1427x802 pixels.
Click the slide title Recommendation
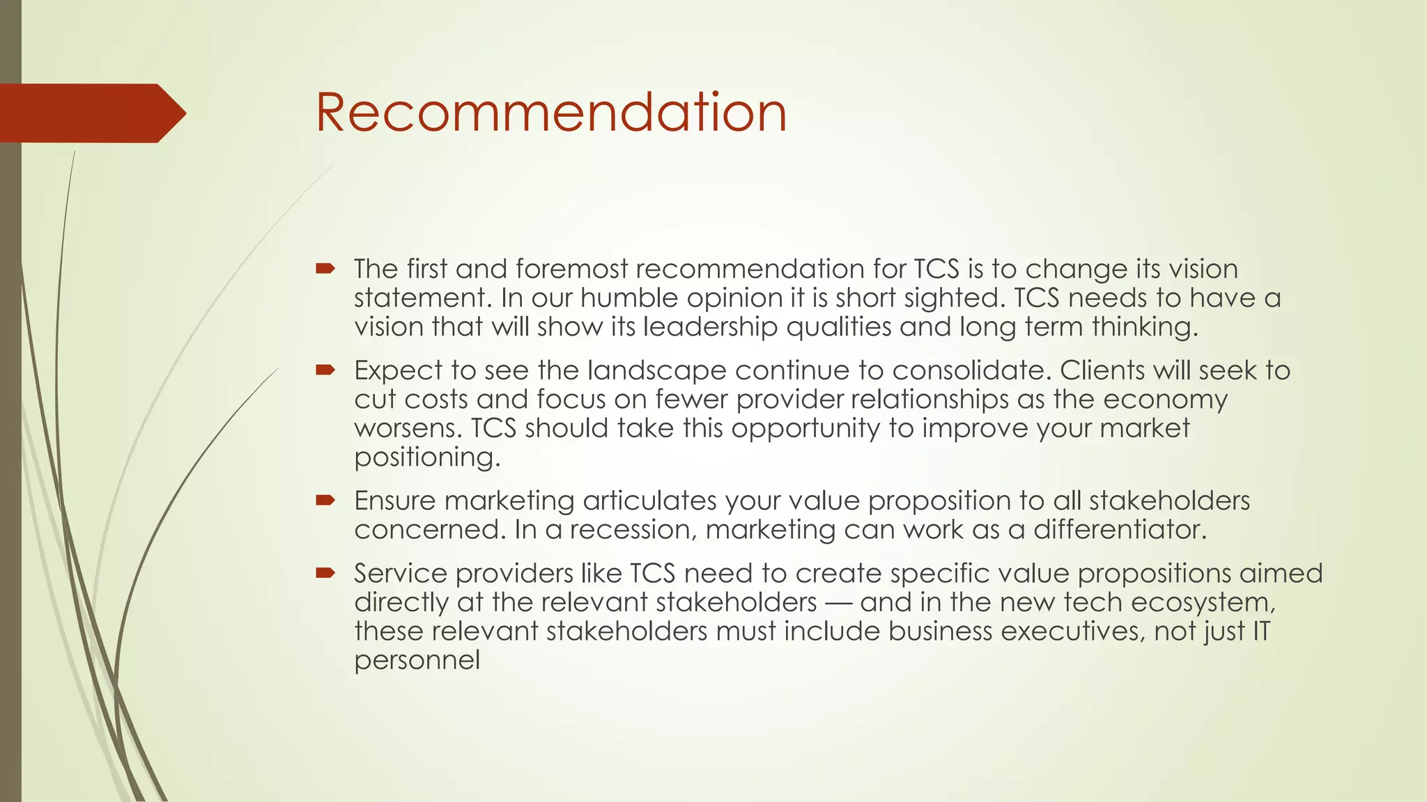point(550,112)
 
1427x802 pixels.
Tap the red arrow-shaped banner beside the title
point(91,113)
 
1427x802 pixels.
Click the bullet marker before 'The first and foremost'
point(325,269)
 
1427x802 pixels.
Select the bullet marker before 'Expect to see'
point(325,370)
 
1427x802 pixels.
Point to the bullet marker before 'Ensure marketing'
point(325,500)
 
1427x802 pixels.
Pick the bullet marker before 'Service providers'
point(325,573)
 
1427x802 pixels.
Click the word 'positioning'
point(427,457)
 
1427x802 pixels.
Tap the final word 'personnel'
point(417,660)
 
